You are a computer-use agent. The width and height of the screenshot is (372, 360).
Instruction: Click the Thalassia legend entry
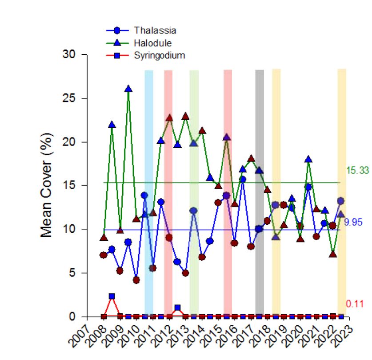tap(155, 30)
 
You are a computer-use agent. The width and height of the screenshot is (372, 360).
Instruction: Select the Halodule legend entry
tap(153, 43)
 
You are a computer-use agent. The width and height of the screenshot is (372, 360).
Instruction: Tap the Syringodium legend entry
tap(159, 55)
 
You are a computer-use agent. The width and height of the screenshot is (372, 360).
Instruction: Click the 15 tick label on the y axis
tap(72, 186)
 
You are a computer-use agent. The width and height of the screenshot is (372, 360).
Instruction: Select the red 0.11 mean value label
tap(355, 304)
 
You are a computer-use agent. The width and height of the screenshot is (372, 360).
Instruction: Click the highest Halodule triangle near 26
tap(128, 89)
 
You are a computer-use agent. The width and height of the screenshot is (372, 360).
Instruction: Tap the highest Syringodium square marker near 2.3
tap(112, 296)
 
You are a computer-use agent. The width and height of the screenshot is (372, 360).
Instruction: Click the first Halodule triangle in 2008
tap(104, 238)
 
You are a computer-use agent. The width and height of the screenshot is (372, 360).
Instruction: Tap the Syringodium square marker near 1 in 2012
tap(177, 308)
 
